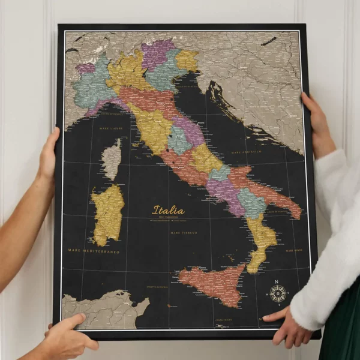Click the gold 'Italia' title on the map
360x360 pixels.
click(169, 211)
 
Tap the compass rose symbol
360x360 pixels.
click(277, 293)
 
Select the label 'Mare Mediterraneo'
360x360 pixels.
click(94, 251)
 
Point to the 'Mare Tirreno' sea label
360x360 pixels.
click(184, 232)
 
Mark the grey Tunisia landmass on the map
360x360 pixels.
click(102, 308)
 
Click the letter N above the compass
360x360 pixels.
click(277, 282)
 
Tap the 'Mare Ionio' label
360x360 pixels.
click(294, 250)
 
